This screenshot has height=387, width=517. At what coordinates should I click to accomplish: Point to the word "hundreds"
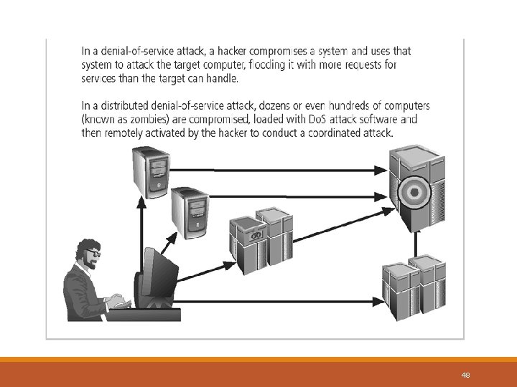click(x=349, y=105)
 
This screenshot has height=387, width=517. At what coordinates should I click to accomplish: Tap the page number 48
click(x=465, y=376)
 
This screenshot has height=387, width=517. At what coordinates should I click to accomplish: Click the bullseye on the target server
click(x=415, y=191)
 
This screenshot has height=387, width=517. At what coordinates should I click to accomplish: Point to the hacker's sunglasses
click(x=93, y=254)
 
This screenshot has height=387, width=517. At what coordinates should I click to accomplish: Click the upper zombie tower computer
click(x=151, y=172)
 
